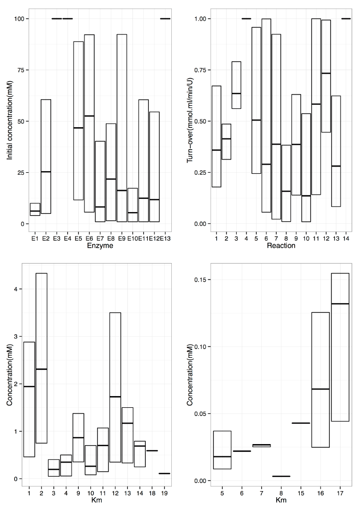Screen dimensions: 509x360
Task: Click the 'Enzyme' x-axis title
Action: point(100,246)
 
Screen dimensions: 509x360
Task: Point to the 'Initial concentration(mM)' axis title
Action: point(10,122)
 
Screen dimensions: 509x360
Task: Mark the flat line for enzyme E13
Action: point(165,19)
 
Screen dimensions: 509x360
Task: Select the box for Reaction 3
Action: point(236,85)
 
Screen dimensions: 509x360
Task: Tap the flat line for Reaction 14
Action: point(346,19)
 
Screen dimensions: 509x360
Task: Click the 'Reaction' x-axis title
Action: point(280,246)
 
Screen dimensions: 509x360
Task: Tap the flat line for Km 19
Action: point(164,473)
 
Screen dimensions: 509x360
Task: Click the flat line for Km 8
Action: point(281,476)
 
